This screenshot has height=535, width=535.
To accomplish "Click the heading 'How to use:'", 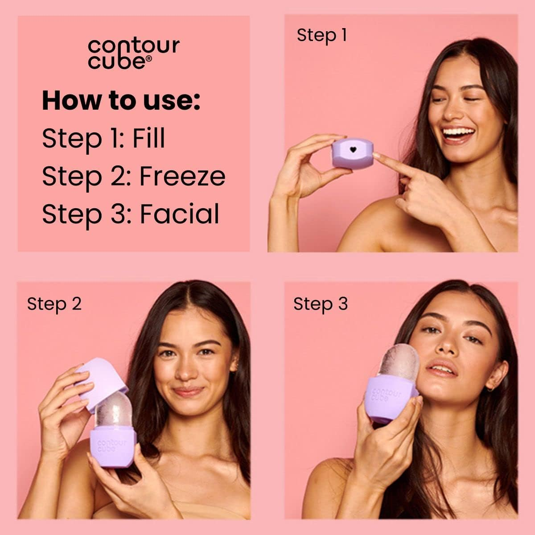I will coord(121,100).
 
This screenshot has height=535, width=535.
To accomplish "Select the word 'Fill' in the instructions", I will coord(148,138).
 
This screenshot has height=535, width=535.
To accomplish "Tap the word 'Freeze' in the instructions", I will coord(182,176).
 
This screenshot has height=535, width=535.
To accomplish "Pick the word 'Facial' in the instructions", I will coord(180,214).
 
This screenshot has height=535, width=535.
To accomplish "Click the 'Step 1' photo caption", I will coord(321,35).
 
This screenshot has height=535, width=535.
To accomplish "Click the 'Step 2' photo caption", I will coord(54,304).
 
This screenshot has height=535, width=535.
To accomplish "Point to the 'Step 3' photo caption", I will coord(320,304).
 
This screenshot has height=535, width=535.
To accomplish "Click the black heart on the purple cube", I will coord(353,150).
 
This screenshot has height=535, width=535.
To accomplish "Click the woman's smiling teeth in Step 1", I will coord(457,132).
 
